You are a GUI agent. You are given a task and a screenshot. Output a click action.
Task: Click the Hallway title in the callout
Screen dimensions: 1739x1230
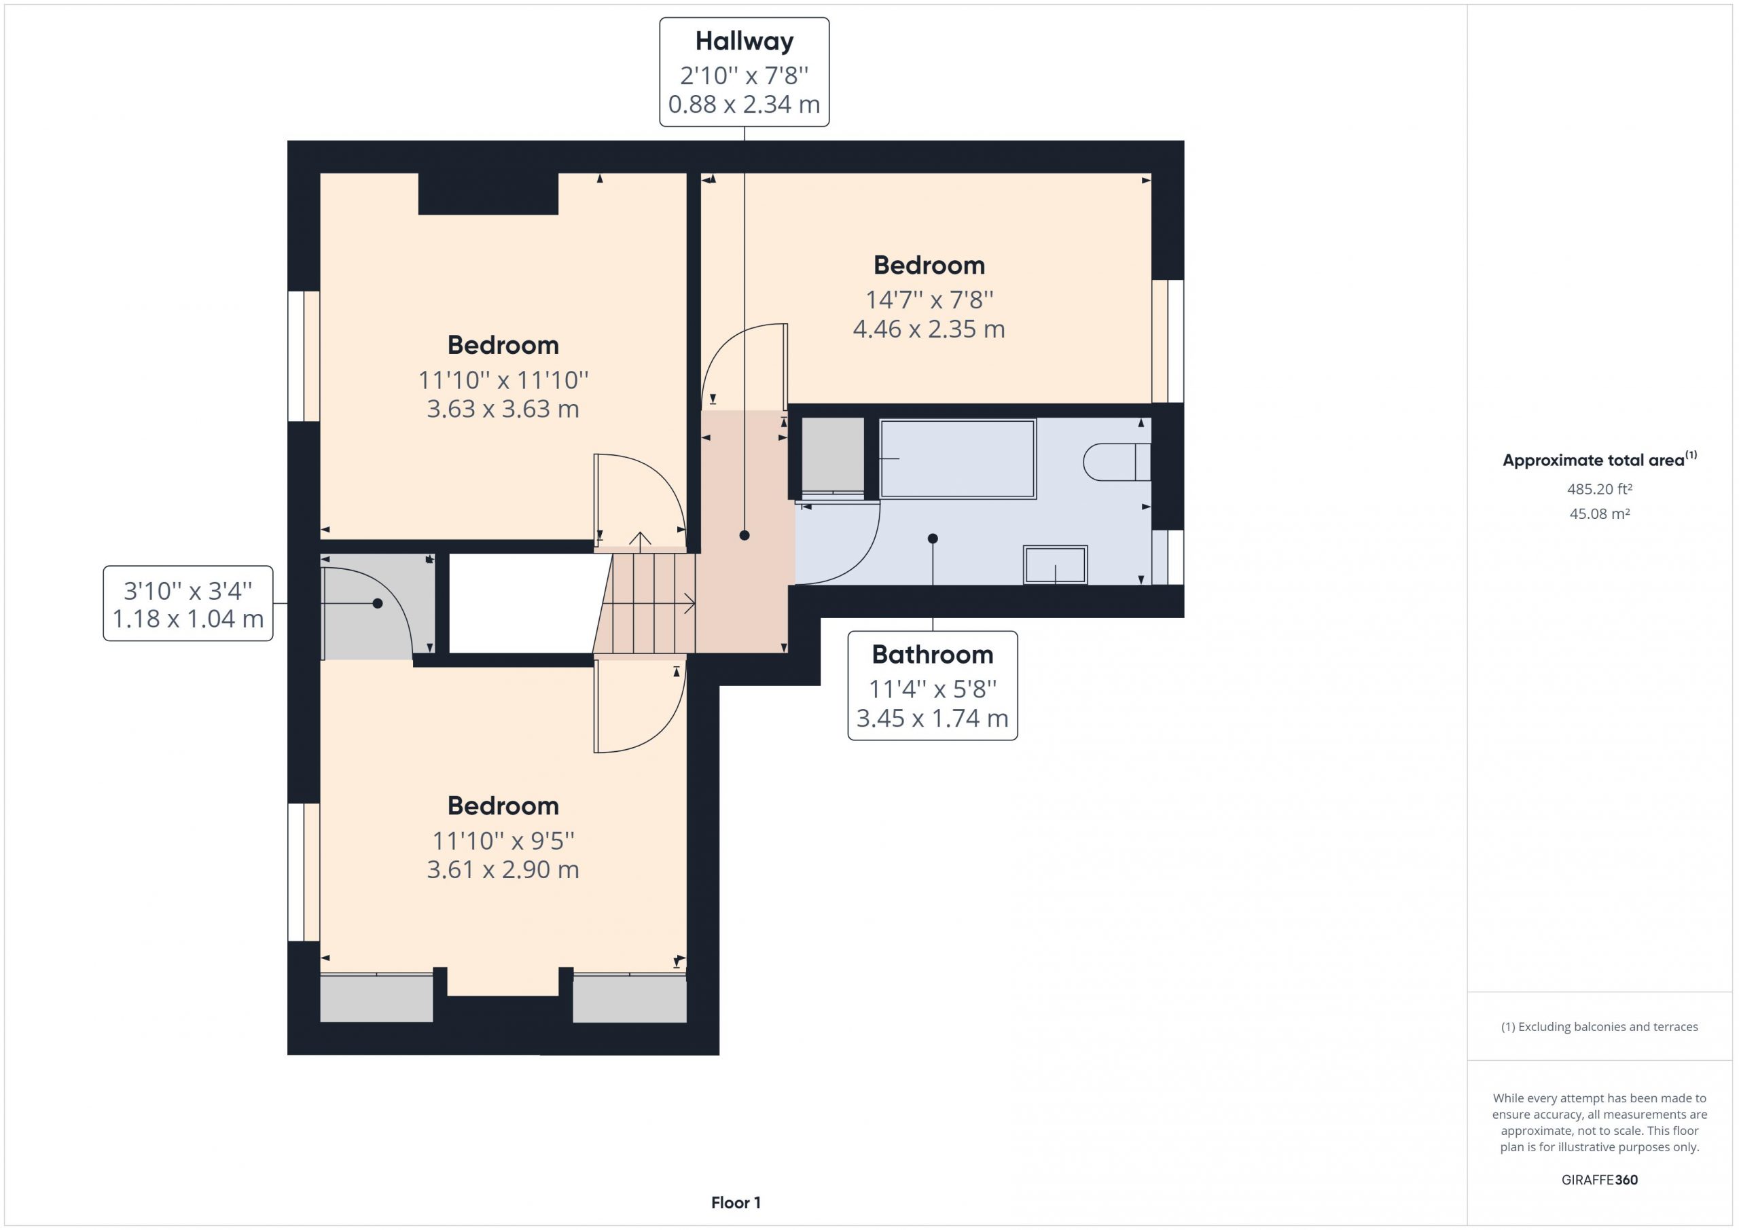744,41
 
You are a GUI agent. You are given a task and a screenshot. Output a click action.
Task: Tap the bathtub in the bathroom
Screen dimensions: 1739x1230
957,459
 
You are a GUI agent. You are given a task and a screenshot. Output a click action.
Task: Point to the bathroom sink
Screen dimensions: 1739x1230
1055,564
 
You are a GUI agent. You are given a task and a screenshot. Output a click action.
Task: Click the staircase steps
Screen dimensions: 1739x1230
645,603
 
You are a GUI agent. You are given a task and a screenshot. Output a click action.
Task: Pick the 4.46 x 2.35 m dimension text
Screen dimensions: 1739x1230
929,329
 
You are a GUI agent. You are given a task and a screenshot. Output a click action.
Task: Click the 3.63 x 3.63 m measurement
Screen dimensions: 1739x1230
503,409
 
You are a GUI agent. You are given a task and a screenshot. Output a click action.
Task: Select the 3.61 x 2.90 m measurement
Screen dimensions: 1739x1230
503,869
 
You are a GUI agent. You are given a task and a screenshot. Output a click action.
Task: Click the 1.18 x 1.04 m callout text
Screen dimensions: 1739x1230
188,619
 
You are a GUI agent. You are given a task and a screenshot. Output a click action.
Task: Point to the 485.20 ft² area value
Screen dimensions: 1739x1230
1600,489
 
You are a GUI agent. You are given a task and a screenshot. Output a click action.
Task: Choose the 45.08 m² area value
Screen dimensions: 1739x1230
1600,513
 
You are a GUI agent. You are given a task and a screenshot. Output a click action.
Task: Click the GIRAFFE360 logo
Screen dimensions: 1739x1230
1600,1179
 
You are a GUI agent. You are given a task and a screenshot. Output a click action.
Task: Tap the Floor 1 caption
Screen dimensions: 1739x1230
736,1203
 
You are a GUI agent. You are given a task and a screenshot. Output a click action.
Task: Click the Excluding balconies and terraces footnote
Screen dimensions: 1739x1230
1600,1027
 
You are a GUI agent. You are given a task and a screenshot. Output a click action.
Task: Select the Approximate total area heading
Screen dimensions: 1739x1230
1600,460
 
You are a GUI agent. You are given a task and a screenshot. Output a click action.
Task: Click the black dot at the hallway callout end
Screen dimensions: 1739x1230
744,535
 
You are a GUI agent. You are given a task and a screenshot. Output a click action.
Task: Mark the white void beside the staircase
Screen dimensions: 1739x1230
521,603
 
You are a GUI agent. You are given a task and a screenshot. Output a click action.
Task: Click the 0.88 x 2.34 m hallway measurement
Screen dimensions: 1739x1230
744,105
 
